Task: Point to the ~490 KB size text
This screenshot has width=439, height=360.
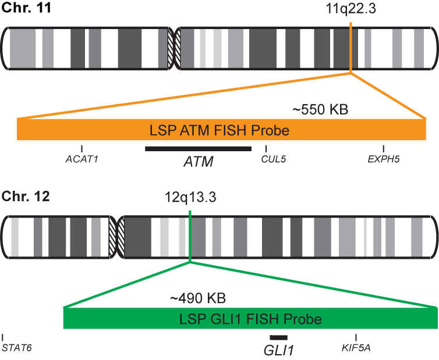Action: tap(197, 299)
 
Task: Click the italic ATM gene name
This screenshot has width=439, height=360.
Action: tap(198, 162)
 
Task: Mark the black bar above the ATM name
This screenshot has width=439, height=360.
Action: tap(198, 149)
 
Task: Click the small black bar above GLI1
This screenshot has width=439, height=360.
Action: tap(278, 337)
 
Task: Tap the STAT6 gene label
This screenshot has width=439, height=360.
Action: tap(16, 348)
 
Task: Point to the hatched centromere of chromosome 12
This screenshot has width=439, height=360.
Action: tap(116, 236)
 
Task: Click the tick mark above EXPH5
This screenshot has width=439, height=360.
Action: tap(384, 149)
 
